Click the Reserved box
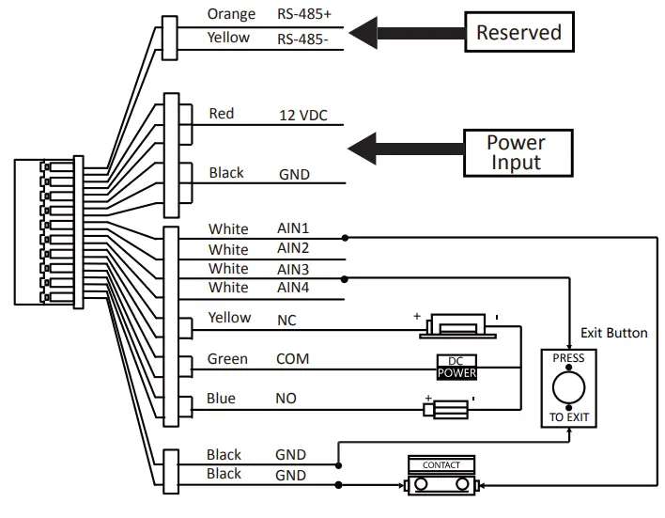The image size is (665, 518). click(x=518, y=33)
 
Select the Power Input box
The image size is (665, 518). click(x=516, y=152)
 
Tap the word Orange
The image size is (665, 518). click(x=230, y=15)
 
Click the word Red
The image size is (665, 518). click(x=222, y=114)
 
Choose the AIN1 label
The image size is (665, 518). click(x=293, y=228)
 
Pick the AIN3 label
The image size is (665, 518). click(x=293, y=269)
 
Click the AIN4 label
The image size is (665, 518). click(x=293, y=288)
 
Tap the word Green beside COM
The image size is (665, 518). click(x=227, y=359)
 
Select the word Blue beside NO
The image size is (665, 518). click(x=222, y=399)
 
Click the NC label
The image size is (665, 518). click(x=286, y=320)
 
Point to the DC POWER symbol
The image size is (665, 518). click(x=457, y=368)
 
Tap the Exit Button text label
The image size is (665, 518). click(x=613, y=333)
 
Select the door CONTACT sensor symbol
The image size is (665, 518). click(x=441, y=477)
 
